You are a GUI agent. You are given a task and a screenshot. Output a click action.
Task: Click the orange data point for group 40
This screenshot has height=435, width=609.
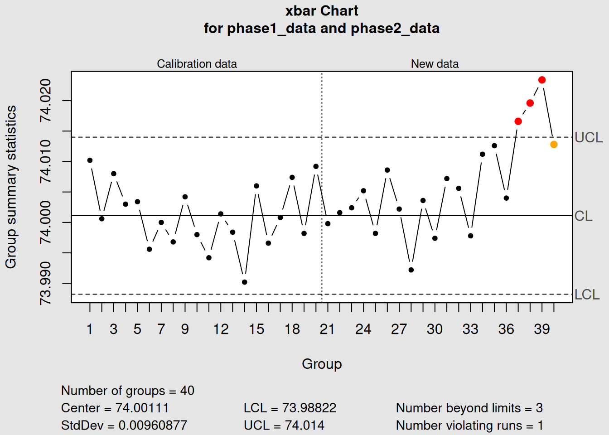pyautogui.click(x=554, y=145)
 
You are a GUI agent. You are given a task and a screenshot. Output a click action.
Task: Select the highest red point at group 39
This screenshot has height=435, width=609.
pyautogui.click(x=542, y=80)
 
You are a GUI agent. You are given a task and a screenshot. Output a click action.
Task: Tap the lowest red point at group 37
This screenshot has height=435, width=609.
pyautogui.click(x=518, y=121)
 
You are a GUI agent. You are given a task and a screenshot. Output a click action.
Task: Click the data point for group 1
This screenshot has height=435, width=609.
pyautogui.click(x=90, y=160)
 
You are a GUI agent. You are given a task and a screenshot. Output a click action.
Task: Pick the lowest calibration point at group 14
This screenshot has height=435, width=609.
pyautogui.click(x=245, y=282)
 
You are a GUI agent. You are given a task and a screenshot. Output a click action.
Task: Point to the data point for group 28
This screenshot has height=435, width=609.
pyautogui.click(x=411, y=270)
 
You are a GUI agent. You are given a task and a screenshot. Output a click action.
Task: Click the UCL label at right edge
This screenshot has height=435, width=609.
pyautogui.click(x=589, y=137)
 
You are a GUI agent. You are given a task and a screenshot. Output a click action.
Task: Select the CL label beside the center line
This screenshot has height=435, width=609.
pyautogui.click(x=583, y=216)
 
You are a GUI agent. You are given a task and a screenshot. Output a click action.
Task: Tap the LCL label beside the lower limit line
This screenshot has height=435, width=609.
pyautogui.click(x=587, y=295)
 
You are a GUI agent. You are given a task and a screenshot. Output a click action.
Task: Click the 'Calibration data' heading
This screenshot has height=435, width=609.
pyautogui.click(x=197, y=64)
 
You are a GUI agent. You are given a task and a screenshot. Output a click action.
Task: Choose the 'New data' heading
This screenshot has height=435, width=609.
pyautogui.click(x=435, y=64)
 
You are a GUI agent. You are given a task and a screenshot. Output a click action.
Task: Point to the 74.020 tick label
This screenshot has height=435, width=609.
pyautogui.click(x=45, y=101)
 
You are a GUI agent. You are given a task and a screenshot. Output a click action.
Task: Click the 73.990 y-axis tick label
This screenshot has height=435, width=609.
pyautogui.click(x=45, y=283)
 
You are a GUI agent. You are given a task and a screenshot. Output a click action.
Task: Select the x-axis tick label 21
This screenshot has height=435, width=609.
pyautogui.click(x=327, y=329)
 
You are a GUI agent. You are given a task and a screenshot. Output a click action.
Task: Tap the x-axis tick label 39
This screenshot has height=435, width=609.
pyautogui.click(x=541, y=329)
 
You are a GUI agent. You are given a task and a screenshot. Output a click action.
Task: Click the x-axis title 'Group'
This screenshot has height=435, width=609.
pyautogui.click(x=322, y=364)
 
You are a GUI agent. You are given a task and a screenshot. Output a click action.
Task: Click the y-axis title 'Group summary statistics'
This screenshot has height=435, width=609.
pyautogui.click(x=11, y=187)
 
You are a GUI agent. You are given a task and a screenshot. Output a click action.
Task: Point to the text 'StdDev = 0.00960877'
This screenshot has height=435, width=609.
pyautogui.click(x=124, y=425)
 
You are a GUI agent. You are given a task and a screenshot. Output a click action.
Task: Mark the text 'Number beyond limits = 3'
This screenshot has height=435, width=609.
pyautogui.click(x=469, y=408)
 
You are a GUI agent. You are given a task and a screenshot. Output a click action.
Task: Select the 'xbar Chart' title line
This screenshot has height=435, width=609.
pyautogui.click(x=322, y=11)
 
